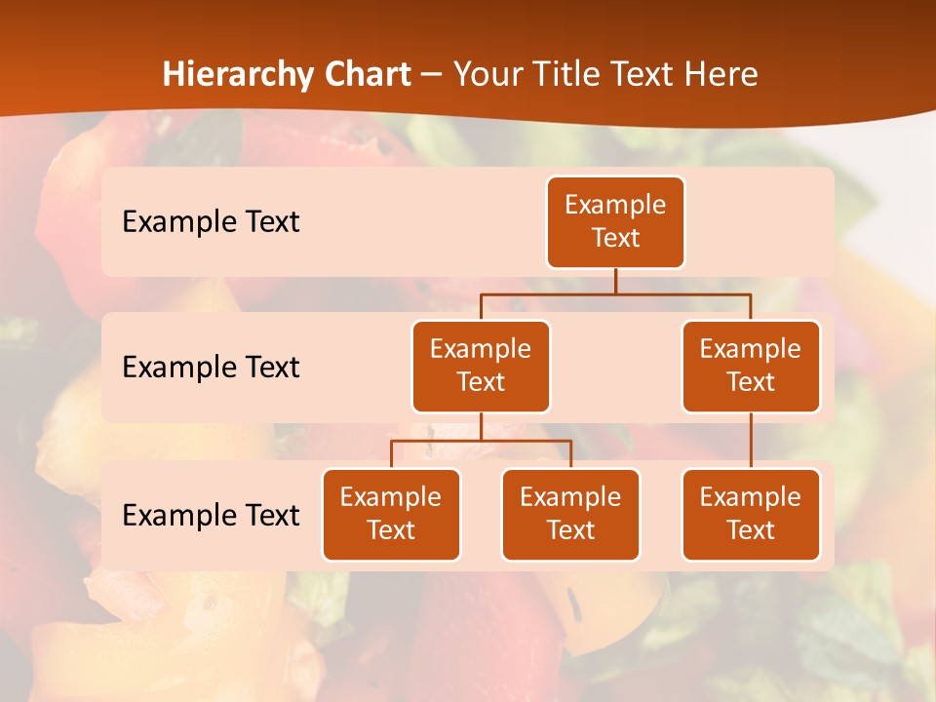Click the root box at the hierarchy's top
coord(615,222)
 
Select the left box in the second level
coord(481,367)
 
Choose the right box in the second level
coord(751,367)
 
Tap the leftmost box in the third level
coord(391,515)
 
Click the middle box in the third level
coord(570,515)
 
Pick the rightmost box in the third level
coord(751,515)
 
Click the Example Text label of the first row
coord(211,222)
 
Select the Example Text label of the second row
coord(211,368)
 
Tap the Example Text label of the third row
coord(211,515)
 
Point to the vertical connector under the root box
coord(615,281)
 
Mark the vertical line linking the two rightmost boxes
coord(751,441)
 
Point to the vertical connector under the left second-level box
coord(481,426)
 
